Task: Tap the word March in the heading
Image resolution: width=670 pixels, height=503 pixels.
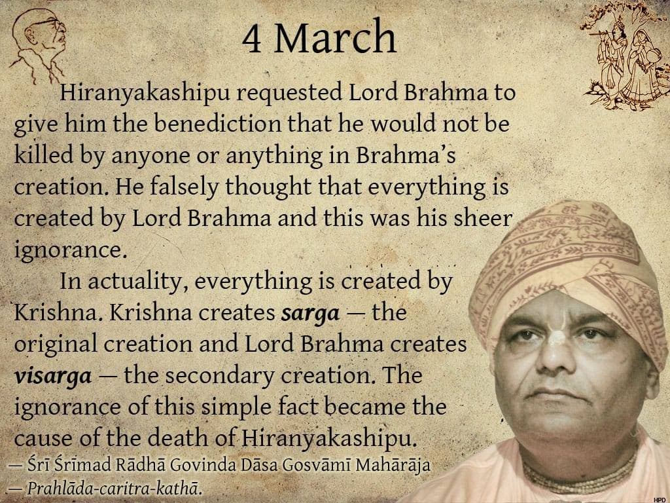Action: [335, 37]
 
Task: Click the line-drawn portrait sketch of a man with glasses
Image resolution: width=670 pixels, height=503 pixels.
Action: [39, 45]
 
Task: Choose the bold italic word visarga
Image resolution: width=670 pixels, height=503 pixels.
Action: [52, 376]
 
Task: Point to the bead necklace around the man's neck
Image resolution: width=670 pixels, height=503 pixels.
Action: [581, 475]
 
